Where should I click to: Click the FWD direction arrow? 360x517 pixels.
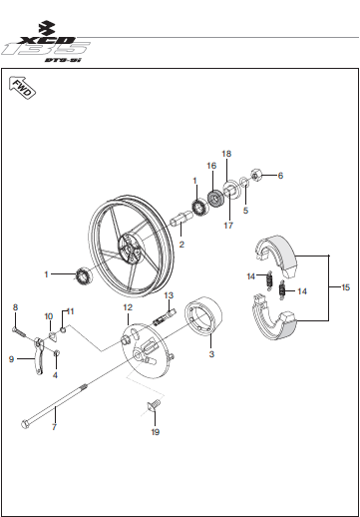(22, 87)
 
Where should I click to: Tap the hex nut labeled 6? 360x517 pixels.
(256, 175)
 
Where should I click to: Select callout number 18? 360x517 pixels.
(226, 154)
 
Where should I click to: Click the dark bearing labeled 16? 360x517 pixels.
(215, 199)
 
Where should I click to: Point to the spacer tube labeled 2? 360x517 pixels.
(181, 220)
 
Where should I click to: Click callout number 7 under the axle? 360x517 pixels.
(54, 427)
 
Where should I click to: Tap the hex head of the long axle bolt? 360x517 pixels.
(26, 424)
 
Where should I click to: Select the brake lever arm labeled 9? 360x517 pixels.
(39, 356)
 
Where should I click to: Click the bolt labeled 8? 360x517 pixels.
(19, 331)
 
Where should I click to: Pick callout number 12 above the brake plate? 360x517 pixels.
(128, 307)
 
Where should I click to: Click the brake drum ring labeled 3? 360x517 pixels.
(203, 315)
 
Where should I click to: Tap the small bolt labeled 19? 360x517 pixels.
(154, 405)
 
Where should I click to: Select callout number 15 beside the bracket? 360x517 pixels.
(346, 287)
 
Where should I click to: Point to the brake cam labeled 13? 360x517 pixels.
(164, 317)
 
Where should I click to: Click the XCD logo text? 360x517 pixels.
(47, 40)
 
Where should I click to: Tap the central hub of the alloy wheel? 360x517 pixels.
(130, 249)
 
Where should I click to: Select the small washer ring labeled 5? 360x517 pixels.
(244, 183)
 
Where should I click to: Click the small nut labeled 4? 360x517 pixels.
(57, 352)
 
